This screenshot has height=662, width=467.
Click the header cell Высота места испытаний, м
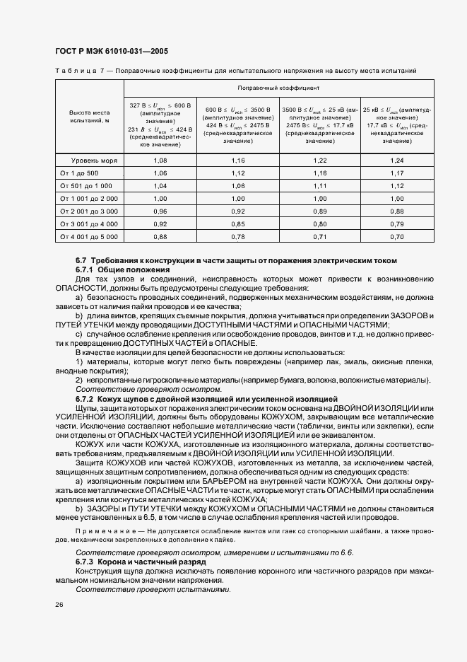[x=89, y=117]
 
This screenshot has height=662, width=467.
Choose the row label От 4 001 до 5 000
[x=89, y=236]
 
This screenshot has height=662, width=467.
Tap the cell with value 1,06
[x=160, y=173]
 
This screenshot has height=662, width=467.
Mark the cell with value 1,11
[x=320, y=185]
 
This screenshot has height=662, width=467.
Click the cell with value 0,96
[x=160, y=211]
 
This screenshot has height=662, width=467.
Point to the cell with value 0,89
[x=320, y=211]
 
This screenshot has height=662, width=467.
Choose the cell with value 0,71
[x=320, y=236]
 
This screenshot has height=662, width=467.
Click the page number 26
[x=59, y=603]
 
